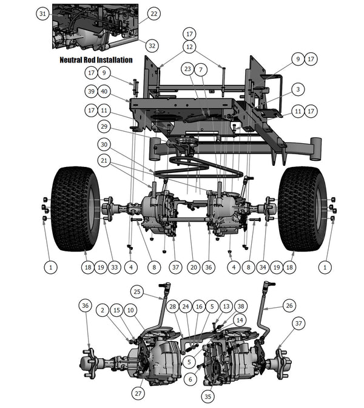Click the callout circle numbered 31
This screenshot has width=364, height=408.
42,13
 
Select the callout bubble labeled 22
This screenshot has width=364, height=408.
153,13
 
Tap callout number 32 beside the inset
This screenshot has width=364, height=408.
152,46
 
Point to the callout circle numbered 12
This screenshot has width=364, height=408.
190,46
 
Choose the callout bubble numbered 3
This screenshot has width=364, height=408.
297,89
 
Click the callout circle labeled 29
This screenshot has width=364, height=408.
104,126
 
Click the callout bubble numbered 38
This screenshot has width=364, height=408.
241,307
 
